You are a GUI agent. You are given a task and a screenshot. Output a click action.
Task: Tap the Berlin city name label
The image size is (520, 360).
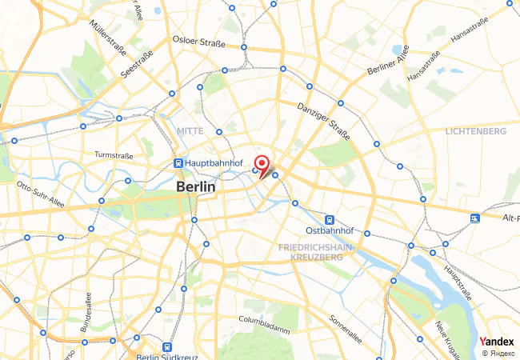click(195, 186)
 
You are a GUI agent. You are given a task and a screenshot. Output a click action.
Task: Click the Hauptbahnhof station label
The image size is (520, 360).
click(213, 162)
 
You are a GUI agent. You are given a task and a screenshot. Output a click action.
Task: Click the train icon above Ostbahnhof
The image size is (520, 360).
click(329, 219)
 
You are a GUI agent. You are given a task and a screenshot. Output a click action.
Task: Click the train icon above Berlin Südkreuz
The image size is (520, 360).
click(166, 347)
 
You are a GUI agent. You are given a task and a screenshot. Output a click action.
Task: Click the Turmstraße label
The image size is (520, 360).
click(113, 155)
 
